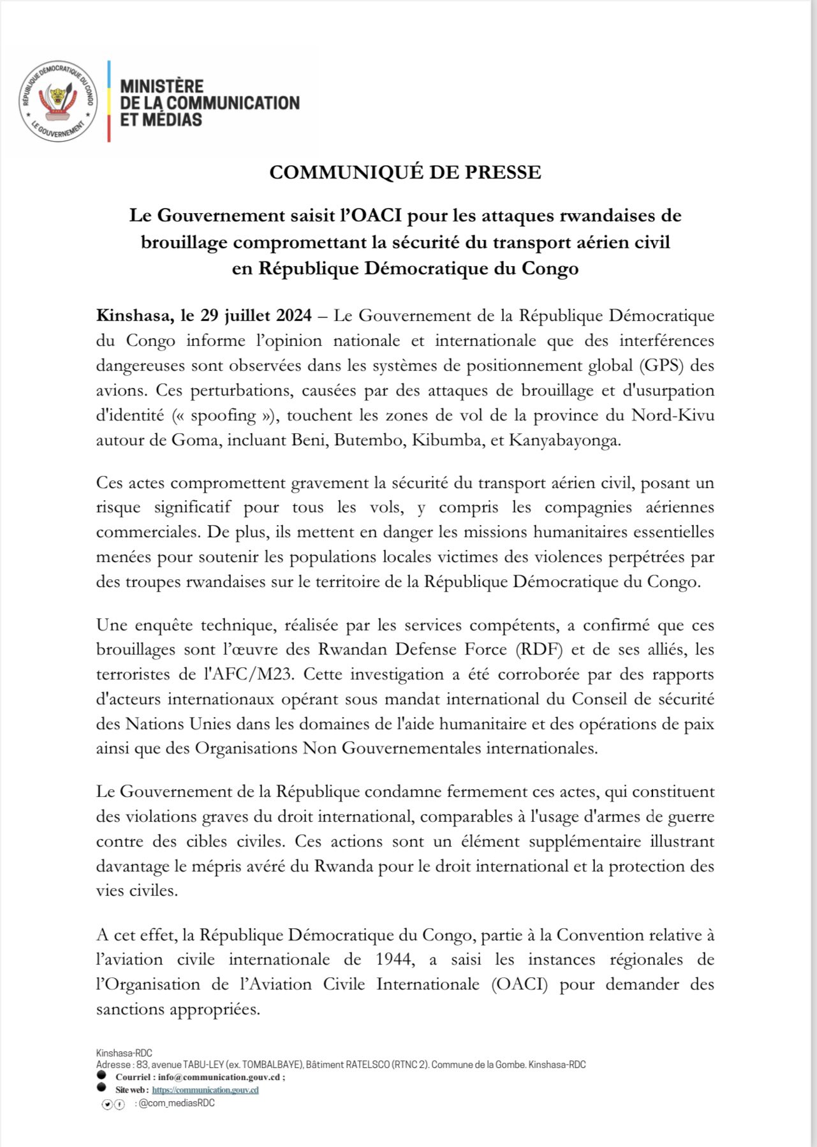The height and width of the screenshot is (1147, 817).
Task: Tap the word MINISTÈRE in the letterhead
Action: [162, 86]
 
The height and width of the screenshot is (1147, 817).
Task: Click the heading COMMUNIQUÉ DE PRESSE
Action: [405, 172]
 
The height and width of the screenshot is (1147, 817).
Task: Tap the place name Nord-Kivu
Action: [672, 415]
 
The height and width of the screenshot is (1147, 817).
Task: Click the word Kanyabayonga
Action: [564, 440]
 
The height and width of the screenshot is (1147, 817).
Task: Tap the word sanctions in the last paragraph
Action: [131, 1009]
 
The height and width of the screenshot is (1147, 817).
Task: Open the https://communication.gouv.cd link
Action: [205, 1090]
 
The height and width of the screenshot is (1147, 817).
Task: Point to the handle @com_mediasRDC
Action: [176, 1103]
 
